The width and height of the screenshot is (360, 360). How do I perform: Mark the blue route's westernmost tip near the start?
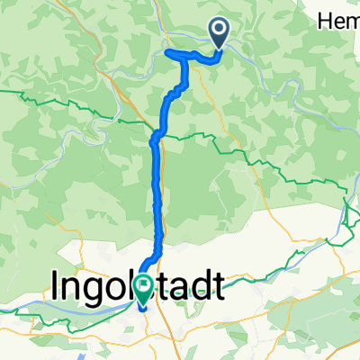(x=168, y=53)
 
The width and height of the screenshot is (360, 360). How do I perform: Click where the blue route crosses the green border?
(x=156, y=136)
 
